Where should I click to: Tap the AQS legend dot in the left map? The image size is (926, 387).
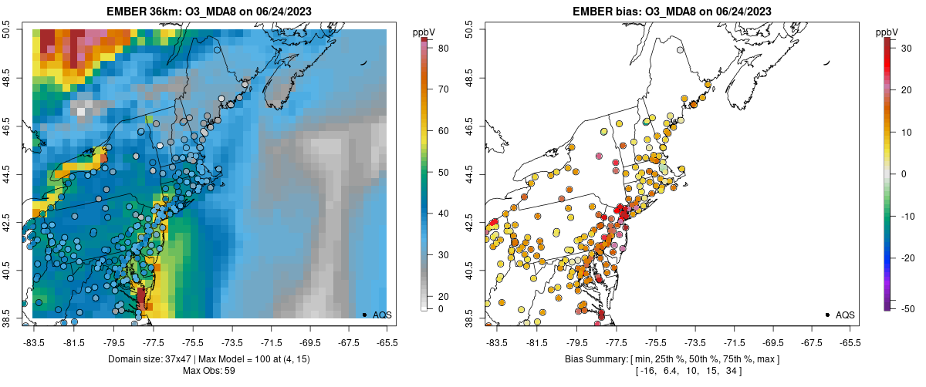point(363,315)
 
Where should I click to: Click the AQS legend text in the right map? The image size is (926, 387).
point(846,315)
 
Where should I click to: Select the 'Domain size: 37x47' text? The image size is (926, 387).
point(152,360)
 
